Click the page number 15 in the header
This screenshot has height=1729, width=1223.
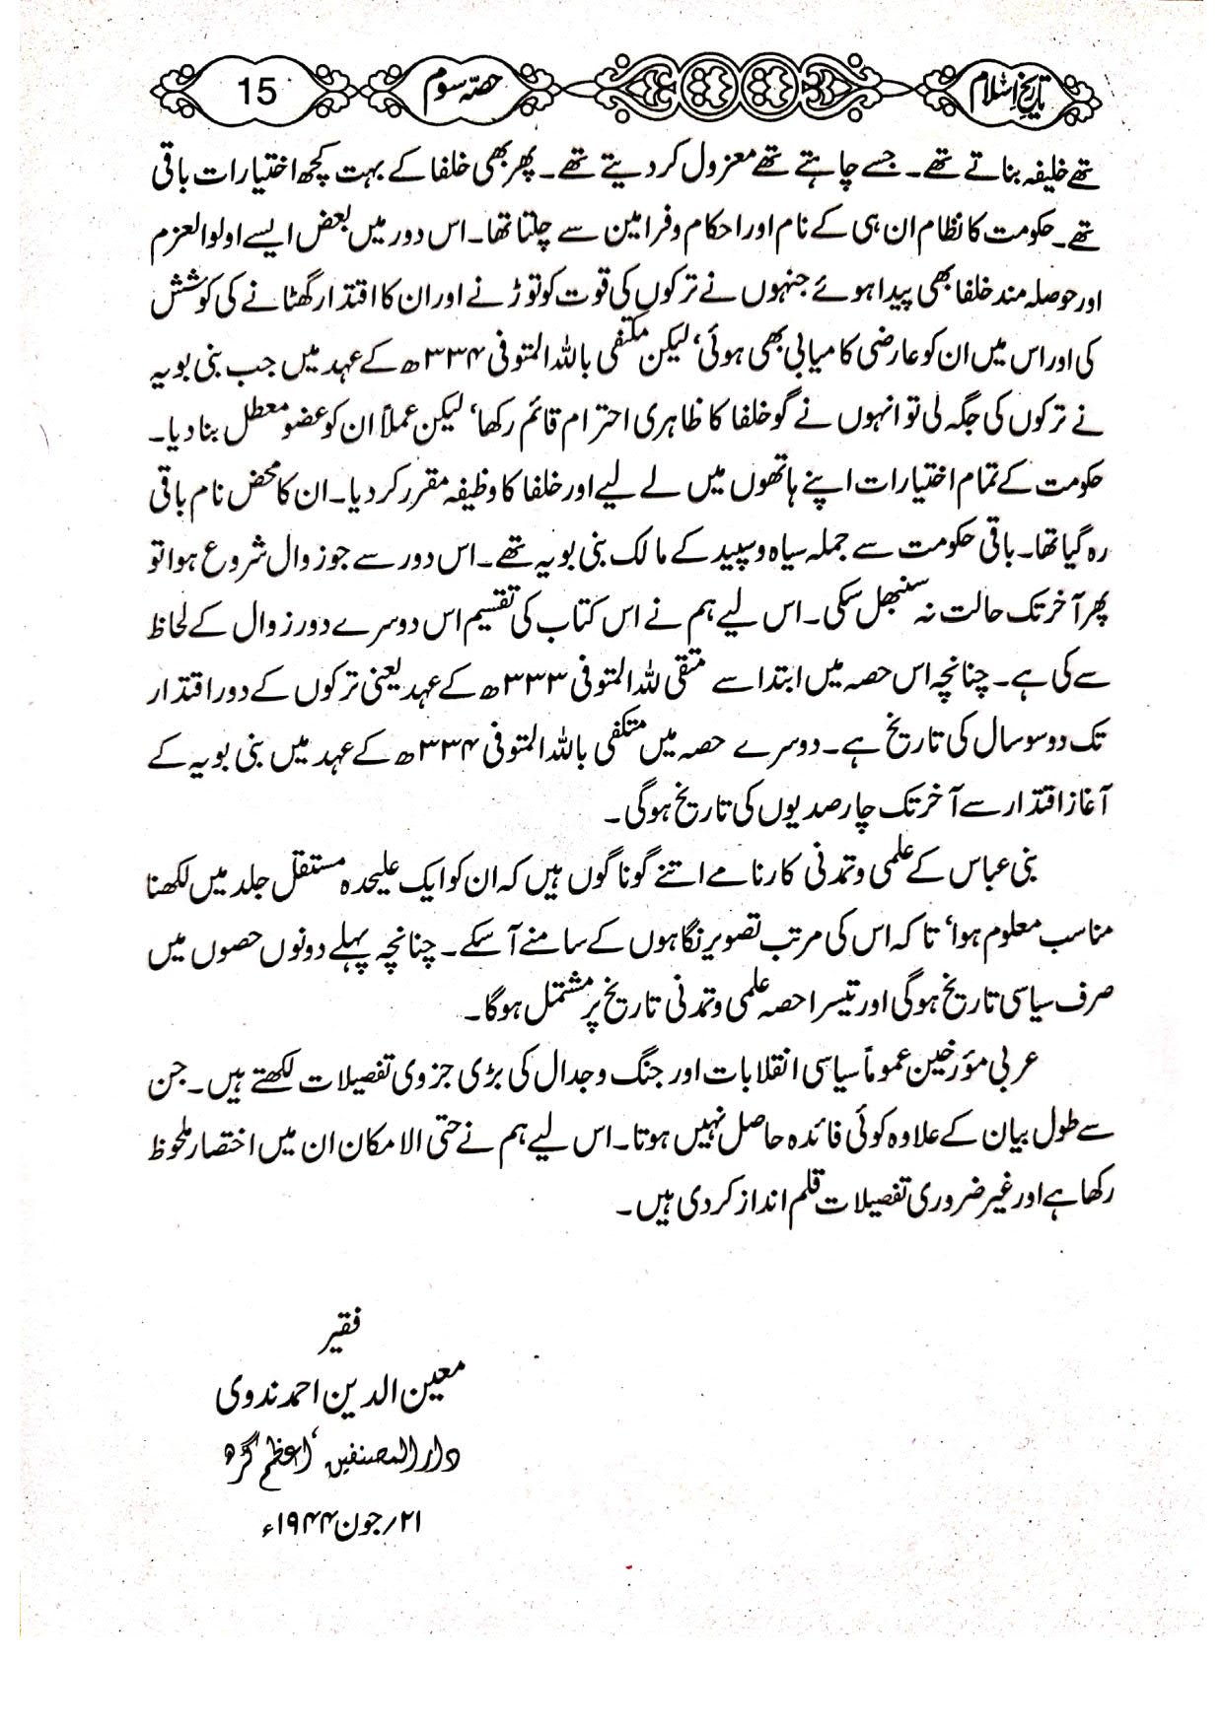pos(257,96)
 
